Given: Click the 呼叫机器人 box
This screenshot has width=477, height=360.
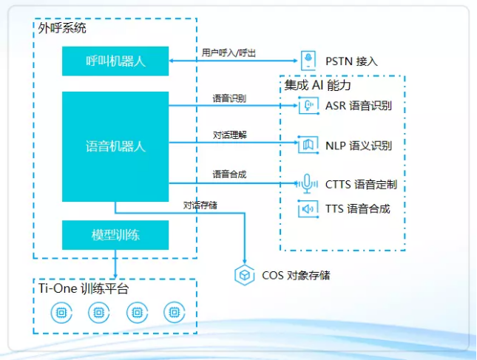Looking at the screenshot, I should pyautogui.click(x=115, y=61).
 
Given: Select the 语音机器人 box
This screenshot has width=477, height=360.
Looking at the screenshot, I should pyautogui.click(x=115, y=146).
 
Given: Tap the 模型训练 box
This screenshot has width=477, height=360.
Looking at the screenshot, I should pyautogui.click(x=115, y=235).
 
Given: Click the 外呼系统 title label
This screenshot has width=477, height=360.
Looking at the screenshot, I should pyautogui.click(x=62, y=28).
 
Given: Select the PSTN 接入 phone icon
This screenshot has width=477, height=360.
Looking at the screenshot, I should pyautogui.click(x=308, y=61).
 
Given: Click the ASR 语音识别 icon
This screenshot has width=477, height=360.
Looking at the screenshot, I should pyautogui.click(x=308, y=106).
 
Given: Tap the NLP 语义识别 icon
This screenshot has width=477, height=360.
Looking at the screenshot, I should pyautogui.click(x=308, y=146).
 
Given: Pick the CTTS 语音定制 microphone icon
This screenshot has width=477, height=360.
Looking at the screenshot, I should pyautogui.click(x=308, y=183).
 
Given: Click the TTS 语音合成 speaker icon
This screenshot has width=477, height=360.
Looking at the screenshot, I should pyautogui.click(x=308, y=209).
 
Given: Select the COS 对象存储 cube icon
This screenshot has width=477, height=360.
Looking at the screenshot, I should pyautogui.click(x=244, y=275).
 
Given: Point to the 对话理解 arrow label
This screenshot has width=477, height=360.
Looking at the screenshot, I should pyautogui.click(x=229, y=135).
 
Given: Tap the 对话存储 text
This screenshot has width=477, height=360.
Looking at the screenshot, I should pyautogui.click(x=200, y=204).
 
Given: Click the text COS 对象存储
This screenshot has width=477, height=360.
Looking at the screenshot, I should pyautogui.click(x=296, y=275).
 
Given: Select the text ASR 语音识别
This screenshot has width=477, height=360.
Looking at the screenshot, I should pyautogui.click(x=358, y=106).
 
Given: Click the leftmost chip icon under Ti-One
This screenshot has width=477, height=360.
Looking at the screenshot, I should pyautogui.click(x=61, y=313).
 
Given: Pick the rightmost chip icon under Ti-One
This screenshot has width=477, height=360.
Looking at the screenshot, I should pyautogui.click(x=174, y=313).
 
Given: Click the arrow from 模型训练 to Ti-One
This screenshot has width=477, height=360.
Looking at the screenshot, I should pyautogui.click(x=115, y=264).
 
